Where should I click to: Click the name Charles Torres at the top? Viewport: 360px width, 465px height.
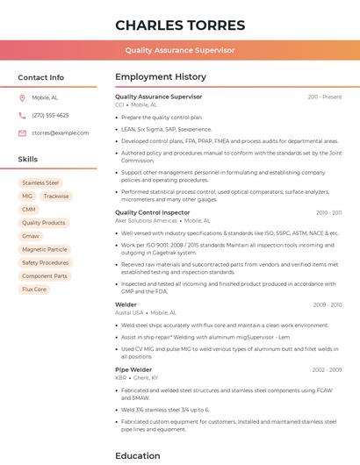[179, 25]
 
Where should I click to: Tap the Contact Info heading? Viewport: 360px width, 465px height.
[41, 77]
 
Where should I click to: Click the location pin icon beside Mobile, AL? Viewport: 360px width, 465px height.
[23, 97]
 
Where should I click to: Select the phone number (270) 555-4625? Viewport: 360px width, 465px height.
[50, 115]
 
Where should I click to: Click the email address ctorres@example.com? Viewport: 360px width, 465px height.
[61, 132]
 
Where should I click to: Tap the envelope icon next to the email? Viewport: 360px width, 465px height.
[23, 132]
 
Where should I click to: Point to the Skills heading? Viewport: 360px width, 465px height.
[28, 160]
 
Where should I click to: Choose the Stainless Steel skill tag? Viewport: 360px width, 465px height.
[40, 182]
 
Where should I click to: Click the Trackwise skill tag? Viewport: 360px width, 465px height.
[56, 196]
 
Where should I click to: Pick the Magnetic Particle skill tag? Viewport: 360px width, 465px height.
[45, 249]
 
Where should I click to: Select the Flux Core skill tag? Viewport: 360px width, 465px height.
[34, 289]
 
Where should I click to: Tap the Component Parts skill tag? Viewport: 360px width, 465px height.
[45, 275]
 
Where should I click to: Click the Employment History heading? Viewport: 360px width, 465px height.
[161, 77]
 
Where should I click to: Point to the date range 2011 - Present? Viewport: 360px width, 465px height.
[325, 97]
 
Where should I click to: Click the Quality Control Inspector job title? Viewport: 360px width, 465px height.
[152, 212]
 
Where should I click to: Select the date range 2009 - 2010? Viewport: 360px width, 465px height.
[328, 304]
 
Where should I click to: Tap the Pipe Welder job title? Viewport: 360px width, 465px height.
[133, 369]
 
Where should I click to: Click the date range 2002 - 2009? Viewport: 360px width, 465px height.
[327, 369]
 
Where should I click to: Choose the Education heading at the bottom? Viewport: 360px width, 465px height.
[138, 455]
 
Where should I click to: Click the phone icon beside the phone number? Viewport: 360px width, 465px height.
[23, 115]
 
